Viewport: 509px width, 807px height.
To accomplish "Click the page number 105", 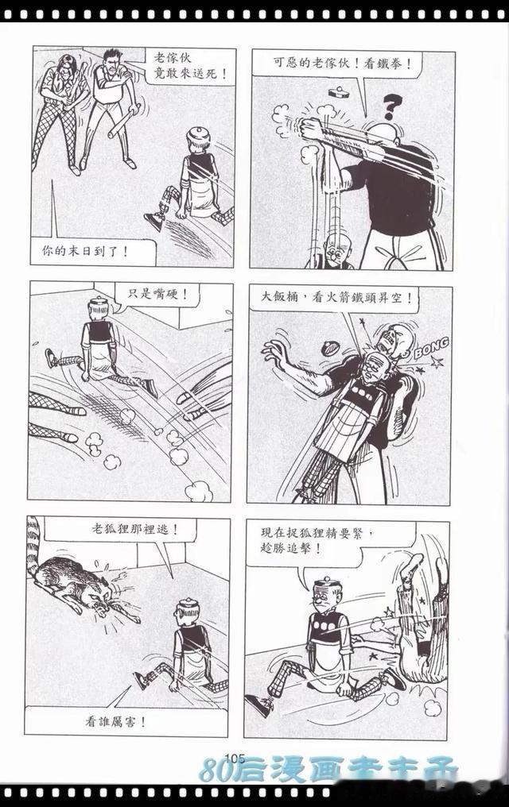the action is [235, 758].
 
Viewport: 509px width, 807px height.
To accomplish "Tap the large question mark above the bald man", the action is [392, 107].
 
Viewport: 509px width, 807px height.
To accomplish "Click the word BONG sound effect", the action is [431, 349].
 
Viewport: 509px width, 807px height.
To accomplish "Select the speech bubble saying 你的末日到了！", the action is [93, 252].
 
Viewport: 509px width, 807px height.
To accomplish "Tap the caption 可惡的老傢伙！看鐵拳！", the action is [342, 64].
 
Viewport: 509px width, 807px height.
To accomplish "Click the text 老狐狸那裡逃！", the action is [135, 529].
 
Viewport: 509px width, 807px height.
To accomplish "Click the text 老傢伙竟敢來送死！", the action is [191, 66].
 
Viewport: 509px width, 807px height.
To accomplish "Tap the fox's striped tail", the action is [34, 546].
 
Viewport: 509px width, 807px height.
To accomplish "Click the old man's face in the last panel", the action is [324, 600].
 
